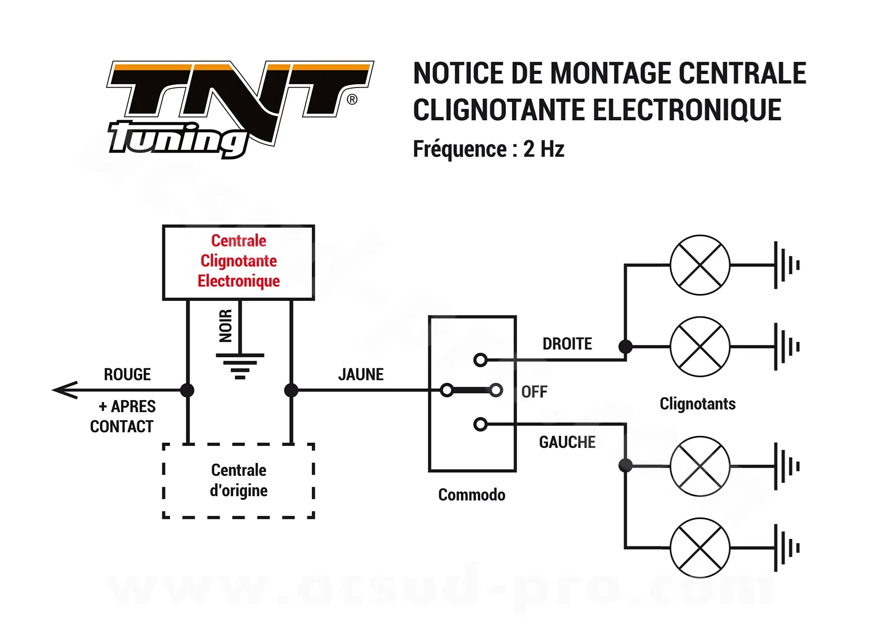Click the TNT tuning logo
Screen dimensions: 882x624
pyautogui.click(x=240, y=109)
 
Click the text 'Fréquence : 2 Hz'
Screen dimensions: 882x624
pyautogui.click(x=488, y=149)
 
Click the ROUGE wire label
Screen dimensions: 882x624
pyautogui.click(x=127, y=374)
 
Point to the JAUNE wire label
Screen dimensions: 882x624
pyautogui.click(x=361, y=374)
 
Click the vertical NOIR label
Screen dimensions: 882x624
pyautogui.click(x=226, y=326)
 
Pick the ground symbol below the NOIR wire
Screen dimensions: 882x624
pyautogui.click(x=240, y=366)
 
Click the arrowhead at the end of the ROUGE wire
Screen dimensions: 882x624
pyautogui.click(x=64, y=390)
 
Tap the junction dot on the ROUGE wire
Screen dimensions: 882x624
pyautogui.click(x=187, y=390)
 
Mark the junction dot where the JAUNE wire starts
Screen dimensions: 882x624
pyautogui.click(x=291, y=390)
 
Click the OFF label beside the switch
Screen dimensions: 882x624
pyautogui.click(x=534, y=392)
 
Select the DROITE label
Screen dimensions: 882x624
pyautogui.click(x=567, y=344)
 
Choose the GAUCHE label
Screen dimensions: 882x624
pyautogui.click(x=567, y=442)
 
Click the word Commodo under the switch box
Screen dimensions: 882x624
pyautogui.click(x=472, y=495)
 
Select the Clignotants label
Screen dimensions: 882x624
pyautogui.click(x=697, y=404)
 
